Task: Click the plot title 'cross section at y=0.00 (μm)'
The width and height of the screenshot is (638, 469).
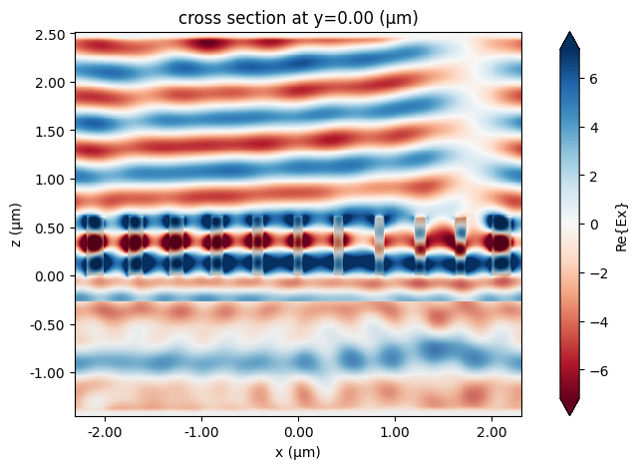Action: (298, 18)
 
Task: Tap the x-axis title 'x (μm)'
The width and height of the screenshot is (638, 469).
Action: (298, 452)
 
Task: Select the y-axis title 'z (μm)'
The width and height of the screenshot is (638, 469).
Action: (16, 225)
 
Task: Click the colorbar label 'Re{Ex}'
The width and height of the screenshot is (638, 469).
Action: (621, 228)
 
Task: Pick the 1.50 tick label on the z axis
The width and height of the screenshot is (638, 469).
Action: (50, 132)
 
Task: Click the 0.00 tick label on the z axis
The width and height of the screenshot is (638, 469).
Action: (50, 276)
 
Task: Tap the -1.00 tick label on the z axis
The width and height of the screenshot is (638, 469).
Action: (48, 373)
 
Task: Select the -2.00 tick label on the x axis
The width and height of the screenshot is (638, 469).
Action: (105, 432)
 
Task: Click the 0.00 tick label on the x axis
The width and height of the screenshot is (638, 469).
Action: (298, 432)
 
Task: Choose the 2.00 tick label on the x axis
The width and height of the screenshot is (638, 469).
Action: (491, 432)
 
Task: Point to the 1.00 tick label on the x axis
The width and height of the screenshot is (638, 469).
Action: (395, 432)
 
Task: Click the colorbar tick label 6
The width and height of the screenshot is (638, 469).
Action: (594, 79)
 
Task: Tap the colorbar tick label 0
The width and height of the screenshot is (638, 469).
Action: (594, 225)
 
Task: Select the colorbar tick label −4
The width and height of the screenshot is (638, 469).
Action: (599, 322)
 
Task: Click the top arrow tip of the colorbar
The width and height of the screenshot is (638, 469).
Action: (569, 31)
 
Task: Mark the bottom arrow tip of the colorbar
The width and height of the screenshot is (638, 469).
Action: (569, 416)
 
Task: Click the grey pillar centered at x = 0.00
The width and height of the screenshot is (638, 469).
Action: (298, 245)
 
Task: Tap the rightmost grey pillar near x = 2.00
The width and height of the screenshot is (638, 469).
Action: (501, 246)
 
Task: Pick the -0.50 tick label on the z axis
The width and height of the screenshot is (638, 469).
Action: (48, 325)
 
